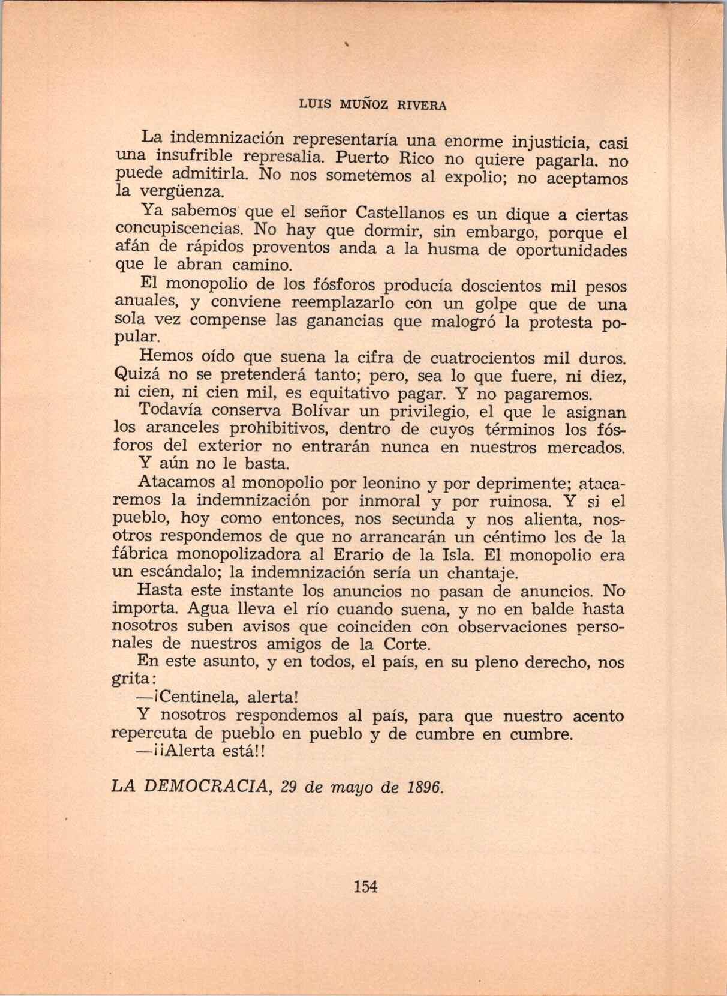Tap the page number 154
click(x=366, y=886)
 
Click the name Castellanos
click(x=400, y=213)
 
